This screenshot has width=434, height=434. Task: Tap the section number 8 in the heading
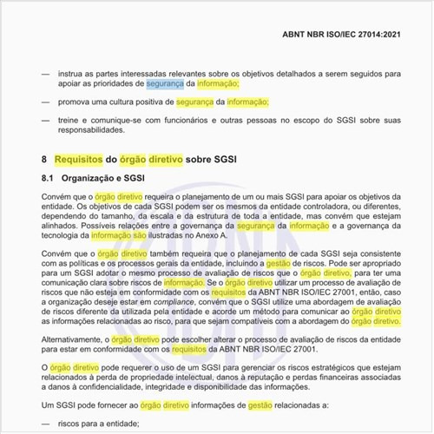(x=44, y=161)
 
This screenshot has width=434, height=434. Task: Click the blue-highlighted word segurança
(x=164, y=85)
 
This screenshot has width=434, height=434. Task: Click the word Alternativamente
(x=77, y=339)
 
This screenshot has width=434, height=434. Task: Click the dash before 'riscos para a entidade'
(x=44, y=424)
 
